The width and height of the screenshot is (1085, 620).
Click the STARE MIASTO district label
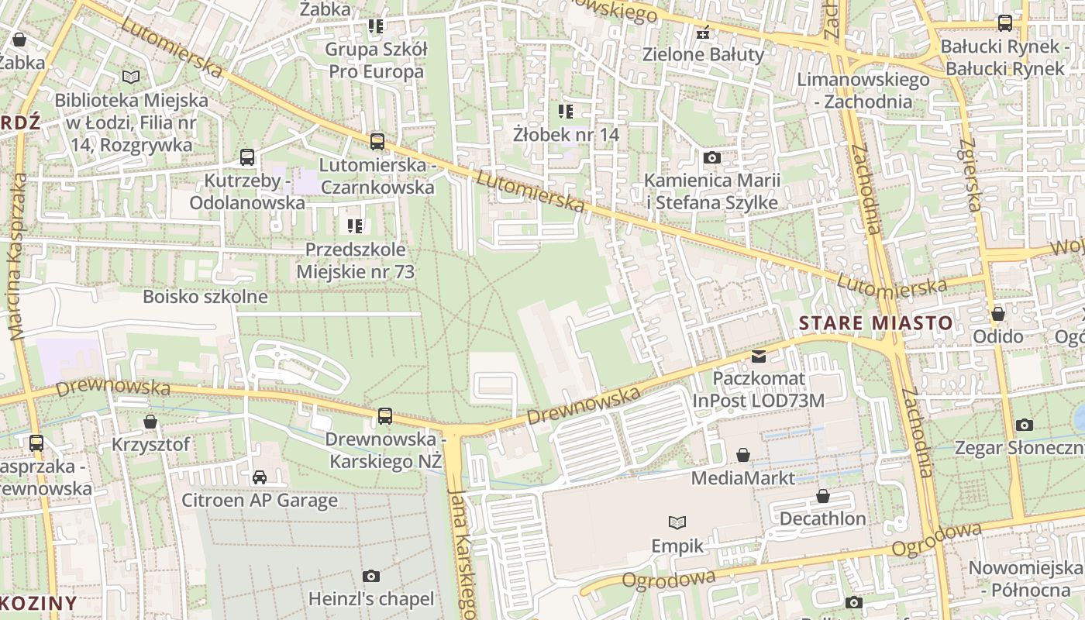(x=876, y=322)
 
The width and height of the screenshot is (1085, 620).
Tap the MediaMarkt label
(x=742, y=477)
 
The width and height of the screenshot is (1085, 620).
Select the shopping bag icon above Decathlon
(x=822, y=496)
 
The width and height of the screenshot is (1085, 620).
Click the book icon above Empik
(x=677, y=523)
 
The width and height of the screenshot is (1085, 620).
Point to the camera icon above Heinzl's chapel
(x=371, y=576)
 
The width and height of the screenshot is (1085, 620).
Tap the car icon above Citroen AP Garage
(x=260, y=477)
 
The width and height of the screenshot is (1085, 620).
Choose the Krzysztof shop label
(x=150, y=445)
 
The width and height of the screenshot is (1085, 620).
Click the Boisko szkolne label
(x=205, y=296)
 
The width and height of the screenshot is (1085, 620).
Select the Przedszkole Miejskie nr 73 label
(x=355, y=260)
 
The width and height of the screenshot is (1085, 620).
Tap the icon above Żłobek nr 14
(x=566, y=112)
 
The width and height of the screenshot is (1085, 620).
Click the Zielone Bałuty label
(x=703, y=55)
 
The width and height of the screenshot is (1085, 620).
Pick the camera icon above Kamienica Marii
(x=711, y=158)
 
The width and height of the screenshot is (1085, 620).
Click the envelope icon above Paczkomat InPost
(x=759, y=356)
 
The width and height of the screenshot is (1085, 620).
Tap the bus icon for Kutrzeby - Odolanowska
(x=247, y=157)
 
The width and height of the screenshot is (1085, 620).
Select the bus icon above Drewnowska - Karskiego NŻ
(x=384, y=416)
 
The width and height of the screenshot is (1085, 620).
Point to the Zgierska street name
(x=970, y=174)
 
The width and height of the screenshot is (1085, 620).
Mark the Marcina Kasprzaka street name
(x=16, y=257)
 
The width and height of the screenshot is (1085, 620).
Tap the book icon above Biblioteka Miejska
(x=131, y=77)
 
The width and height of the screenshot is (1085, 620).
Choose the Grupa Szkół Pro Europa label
(x=376, y=60)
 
